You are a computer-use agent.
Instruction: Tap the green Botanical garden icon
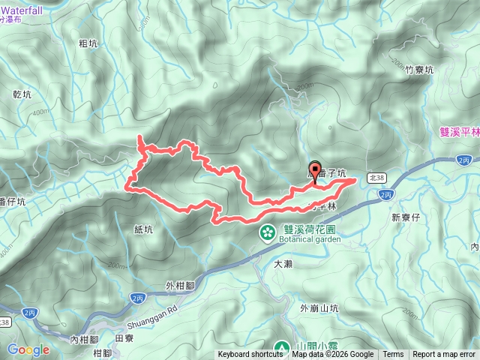point(266,233)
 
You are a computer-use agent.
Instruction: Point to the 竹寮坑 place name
point(419,70)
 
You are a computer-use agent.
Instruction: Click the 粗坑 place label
point(88,44)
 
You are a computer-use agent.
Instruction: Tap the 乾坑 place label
point(22,95)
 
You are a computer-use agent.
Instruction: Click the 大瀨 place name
point(283,264)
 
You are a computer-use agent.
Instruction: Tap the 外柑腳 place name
point(180,286)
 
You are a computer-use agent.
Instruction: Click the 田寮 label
point(124,338)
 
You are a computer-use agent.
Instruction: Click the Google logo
point(28,349)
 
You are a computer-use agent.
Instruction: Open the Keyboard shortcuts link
point(250,355)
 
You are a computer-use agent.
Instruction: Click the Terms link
point(393,355)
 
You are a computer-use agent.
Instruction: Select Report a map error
point(444,355)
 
